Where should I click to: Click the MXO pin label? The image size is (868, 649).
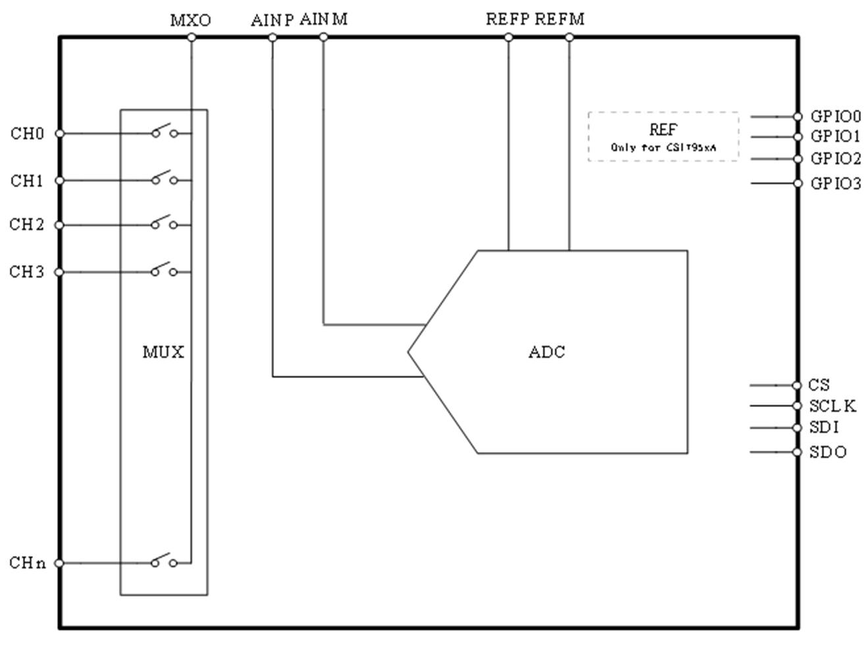point(191,20)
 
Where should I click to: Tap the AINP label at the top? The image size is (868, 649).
point(272,20)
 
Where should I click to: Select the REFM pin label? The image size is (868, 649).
point(559,19)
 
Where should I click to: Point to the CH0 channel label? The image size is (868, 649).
point(27,134)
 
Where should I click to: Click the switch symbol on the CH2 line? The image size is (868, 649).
point(164,223)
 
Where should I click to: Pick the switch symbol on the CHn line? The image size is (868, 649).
point(164,561)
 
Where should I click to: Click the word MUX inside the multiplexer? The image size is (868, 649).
point(163,352)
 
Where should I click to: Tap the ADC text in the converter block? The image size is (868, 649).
point(547,352)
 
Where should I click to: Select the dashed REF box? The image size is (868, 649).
point(663,136)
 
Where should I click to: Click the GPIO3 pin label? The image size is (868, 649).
point(835,184)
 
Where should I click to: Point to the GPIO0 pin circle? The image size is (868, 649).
point(798,117)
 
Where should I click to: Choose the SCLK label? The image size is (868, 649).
point(832,406)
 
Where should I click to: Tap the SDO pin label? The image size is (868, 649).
point(828,453)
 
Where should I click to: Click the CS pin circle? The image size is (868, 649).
point(798,385)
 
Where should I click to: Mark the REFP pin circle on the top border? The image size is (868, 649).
point(509,38)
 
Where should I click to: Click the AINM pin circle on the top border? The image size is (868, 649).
point(323,38)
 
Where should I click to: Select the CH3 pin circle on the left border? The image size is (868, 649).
point(59,272)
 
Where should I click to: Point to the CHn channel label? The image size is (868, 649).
point(28,563)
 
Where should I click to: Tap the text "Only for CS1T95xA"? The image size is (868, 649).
point(663,147)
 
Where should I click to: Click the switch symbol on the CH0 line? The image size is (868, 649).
point(164,131)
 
